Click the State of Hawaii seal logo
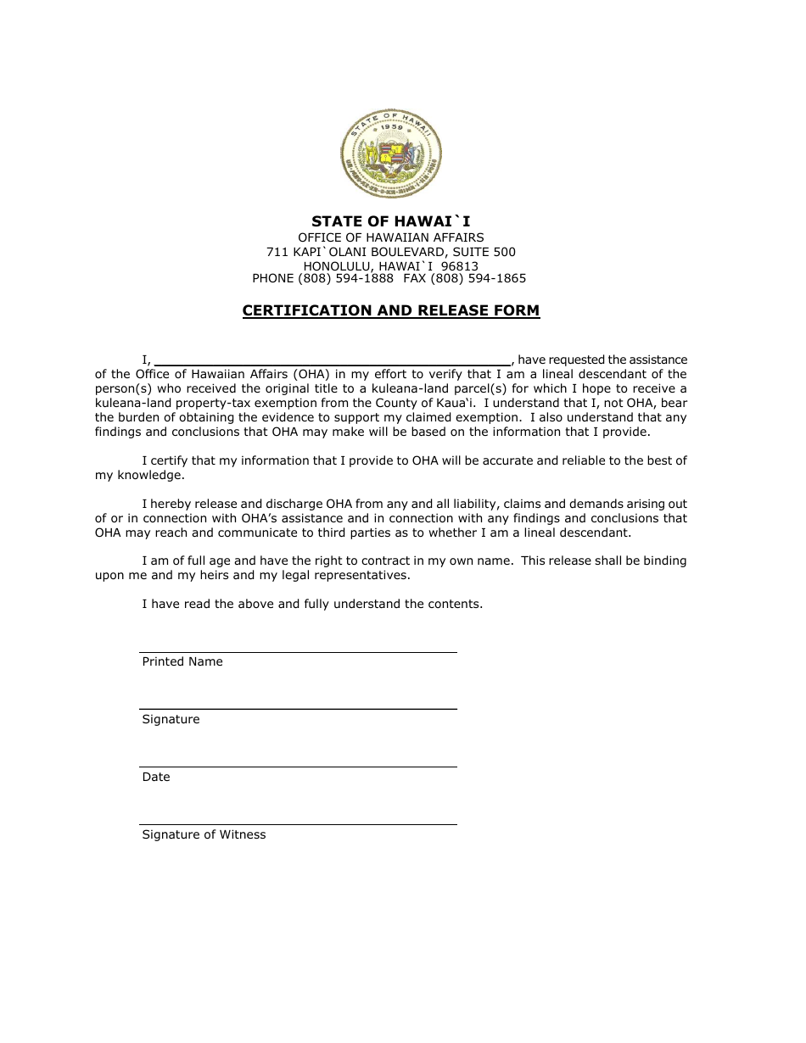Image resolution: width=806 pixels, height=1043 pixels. click(x=390, y=153)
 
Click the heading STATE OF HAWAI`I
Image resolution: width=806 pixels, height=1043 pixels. click(x=390, y=222)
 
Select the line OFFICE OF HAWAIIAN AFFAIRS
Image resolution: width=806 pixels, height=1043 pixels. click(x=390, y=237)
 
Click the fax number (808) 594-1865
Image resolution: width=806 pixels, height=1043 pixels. click(x=479, y=278)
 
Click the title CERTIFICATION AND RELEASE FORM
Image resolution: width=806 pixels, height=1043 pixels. click(x=390, y=310)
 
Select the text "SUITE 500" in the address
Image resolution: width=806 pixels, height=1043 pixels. click(x=487, y=252)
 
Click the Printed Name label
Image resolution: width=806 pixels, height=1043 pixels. click(x=182, y=661)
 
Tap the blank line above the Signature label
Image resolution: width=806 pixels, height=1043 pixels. click(x=298, y=707)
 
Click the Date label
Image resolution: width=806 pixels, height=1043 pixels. click(x=156, y=777)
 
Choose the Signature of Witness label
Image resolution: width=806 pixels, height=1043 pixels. click(x=204, y=834)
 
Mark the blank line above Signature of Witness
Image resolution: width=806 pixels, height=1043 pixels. click(x=298, y=823)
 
